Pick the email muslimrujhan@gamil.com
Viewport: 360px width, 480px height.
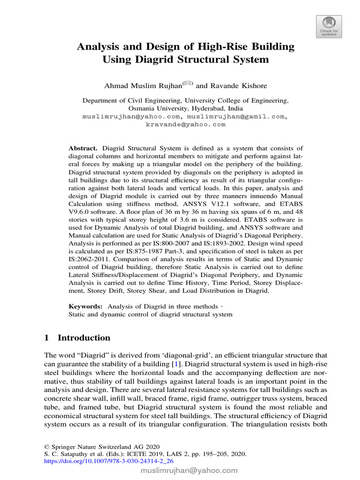click(x=236, y=116)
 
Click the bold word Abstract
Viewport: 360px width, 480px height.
click(x=83, y=148)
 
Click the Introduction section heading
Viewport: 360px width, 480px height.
click(x=83, y=338)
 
